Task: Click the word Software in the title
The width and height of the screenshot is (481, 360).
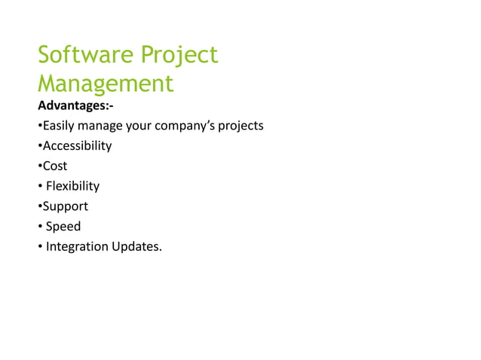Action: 83,55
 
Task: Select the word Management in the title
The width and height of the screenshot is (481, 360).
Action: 106,83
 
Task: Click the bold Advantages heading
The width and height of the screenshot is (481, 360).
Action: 75,105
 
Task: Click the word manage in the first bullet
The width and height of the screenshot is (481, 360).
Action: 101,126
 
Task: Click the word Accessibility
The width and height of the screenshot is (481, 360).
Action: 77,145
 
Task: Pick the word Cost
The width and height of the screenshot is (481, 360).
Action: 55,166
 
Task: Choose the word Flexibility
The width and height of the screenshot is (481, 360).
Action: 72,186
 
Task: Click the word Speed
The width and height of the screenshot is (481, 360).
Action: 63,226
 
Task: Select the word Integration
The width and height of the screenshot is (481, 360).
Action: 77,246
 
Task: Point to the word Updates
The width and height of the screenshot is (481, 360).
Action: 136,246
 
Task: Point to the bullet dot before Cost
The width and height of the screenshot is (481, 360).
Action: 40,166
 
